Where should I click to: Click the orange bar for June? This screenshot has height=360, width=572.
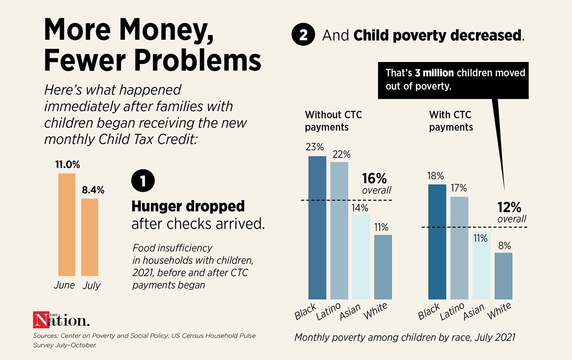click(67, 225)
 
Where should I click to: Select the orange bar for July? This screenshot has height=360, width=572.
click(90, 237)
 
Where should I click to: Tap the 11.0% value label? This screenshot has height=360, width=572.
click(68, 164)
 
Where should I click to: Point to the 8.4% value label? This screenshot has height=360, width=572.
click(93, 190)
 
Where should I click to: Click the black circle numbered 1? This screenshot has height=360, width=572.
click(143, 181)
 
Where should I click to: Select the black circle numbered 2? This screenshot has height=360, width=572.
click(303, 35)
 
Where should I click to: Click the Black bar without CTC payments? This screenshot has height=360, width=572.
click(317, 227)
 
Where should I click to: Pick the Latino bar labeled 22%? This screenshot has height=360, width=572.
click(339, 230)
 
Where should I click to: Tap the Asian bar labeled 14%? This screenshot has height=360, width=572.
click(361, 257)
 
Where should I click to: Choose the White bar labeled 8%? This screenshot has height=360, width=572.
click(503, 276)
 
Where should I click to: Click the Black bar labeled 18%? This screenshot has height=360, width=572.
click(437, 241)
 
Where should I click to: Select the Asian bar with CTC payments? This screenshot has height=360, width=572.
click(481, 265)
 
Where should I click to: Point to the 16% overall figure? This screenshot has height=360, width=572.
click(374, 179)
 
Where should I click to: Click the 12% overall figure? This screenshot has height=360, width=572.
click(509, 207)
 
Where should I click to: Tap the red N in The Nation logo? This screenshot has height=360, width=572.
click(41, 320)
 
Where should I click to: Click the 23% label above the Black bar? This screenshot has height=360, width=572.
click(315, 147)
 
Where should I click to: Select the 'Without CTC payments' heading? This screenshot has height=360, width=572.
click(333, 121)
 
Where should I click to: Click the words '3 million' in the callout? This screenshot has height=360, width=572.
click(434, 73)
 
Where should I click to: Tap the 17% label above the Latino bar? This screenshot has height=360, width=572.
click(458, 188)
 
